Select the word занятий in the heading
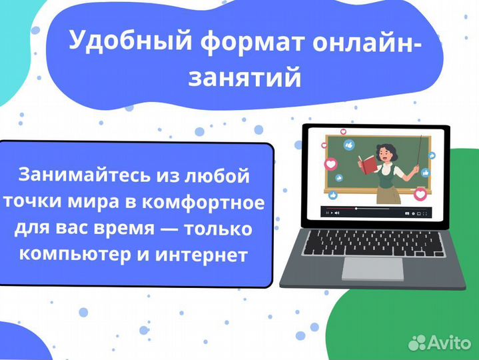(245, 78)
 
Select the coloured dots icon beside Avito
(417, 342)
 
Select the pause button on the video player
(326, 213)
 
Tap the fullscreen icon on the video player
(426, 213)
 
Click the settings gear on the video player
(414, 213)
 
